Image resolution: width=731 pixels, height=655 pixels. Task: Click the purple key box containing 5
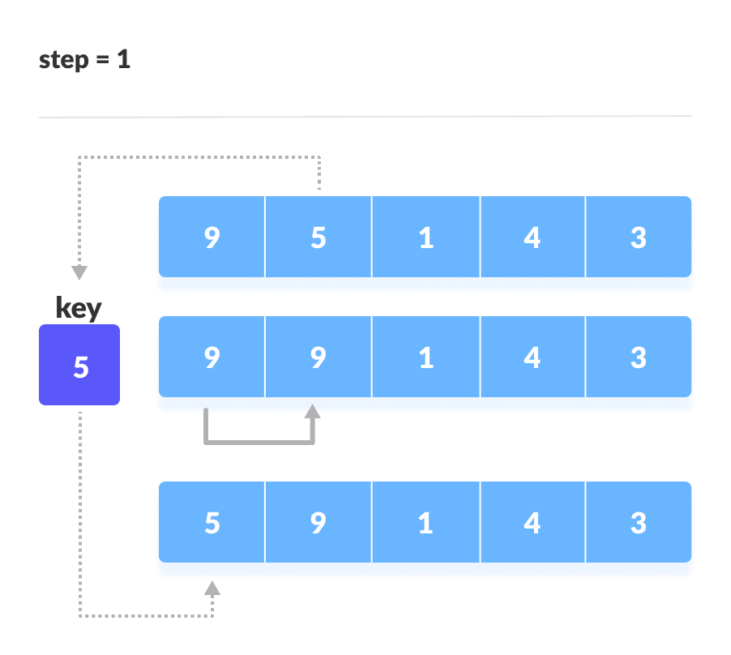(x=79, y=365)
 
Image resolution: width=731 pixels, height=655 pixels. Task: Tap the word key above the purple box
(x=79, y=308)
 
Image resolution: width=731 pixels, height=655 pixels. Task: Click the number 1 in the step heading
(x=123, y=59)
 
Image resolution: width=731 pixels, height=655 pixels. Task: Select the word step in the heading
(x=64, y=61)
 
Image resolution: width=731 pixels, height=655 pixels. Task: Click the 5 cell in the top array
(x=318, y=237)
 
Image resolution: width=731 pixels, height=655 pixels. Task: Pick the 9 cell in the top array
(x=212, y=237)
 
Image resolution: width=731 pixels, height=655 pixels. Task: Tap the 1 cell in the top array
(x=425, y=237)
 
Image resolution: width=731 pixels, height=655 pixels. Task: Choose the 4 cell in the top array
(x=532, y=237)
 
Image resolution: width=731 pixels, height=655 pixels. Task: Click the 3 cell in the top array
(x=639, y=237)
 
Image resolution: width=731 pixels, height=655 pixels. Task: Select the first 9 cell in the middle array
(x=212, y=357)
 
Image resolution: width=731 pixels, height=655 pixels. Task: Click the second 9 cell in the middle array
(x=318, y=357)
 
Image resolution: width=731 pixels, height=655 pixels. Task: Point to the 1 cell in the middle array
(x=425, y=357)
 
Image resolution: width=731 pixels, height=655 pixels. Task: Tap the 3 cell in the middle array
(x=639, y=357)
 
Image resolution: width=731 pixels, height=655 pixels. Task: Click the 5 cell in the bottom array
(x=212, y=522)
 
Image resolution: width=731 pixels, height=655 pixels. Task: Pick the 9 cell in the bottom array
(x=318, y=522)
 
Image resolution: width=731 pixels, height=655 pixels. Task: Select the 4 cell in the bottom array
(x=532, y=522)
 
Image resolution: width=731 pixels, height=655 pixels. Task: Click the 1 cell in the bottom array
(x=425, y=522)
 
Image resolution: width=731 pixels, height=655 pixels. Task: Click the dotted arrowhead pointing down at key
(x=79, y=272)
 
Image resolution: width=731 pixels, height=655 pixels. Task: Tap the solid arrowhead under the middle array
(x=312, y=411)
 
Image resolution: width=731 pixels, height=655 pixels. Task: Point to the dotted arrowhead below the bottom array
(x=212, y=588)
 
